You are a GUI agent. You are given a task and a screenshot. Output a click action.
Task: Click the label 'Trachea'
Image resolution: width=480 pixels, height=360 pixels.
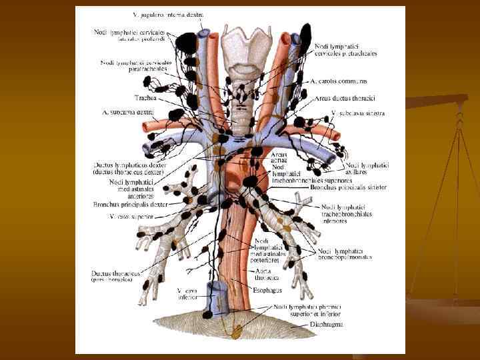[x=145, y=98]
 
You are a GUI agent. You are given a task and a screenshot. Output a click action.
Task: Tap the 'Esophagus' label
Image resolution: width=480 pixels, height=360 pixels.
[x=268, y=290]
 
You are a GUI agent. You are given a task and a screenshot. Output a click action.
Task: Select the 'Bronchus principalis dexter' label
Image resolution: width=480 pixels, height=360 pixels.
[x=131, y=205]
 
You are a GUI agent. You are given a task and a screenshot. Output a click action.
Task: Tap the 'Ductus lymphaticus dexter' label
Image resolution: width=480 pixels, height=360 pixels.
[x=130, y=168]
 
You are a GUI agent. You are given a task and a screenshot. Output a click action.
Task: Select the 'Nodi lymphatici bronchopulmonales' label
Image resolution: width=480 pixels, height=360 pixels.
[x=344, y=253]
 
